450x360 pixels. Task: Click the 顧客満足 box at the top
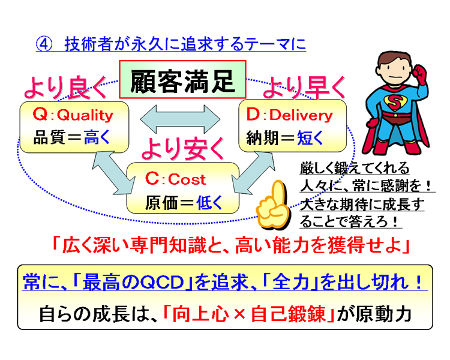tap(182, 80)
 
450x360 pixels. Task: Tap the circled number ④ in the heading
tap(44, 44)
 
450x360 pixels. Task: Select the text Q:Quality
tap(73, 115)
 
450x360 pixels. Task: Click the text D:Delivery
tap(290, 115)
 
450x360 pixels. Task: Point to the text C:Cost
tap(175, 179)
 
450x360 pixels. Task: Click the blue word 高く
tap(97, 137)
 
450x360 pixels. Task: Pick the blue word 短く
tap(310, 138)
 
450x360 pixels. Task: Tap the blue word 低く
tap(209, 203)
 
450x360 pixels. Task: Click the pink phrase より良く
tap(66, 88)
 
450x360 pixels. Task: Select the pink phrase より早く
tap(304, 88)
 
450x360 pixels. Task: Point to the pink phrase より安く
tap(182, 148)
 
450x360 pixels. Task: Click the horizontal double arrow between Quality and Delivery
tap(180, 119)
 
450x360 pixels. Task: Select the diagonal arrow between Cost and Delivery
tap(253, 173)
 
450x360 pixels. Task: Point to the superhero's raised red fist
tap(419, 74)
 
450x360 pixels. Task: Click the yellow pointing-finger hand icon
tap(272, 205)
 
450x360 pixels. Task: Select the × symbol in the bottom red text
tap(239, 314)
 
